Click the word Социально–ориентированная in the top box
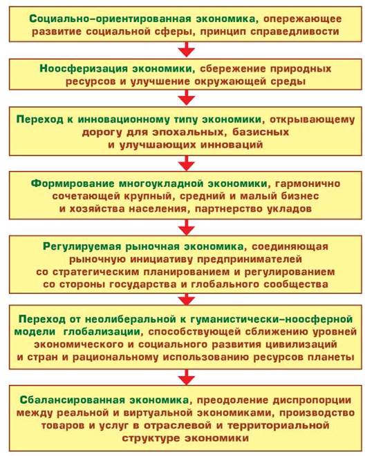[x=110, y=19]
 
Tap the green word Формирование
[x=73, y=184]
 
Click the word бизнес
[x=300, y=196]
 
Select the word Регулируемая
[x=82, y=246]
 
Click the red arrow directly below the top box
[x=187, y=50]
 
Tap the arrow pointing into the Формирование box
[x=187, y=163]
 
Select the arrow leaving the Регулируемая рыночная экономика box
[x=187, y=299]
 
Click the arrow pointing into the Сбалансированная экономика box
[x=187, y=377]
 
